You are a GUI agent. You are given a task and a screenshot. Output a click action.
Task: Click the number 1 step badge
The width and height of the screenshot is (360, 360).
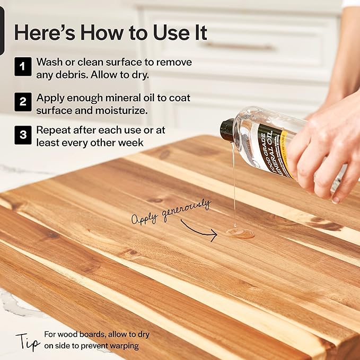[23, 68]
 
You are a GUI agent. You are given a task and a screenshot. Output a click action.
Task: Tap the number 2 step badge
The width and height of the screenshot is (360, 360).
[23, 101]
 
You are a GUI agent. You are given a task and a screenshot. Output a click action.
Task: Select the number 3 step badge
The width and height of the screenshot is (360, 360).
[23, 134]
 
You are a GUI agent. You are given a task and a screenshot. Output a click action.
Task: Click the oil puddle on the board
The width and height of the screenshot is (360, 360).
[240, 233]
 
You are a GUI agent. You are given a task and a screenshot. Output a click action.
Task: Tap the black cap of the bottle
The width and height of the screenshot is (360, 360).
[227, 130]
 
